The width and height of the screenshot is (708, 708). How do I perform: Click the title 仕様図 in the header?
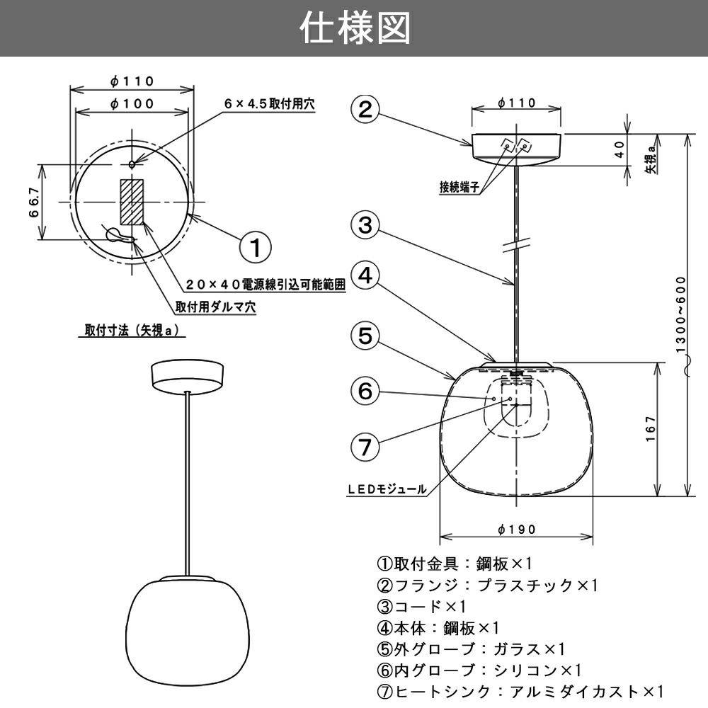pyautogui.click(x=354, y=29)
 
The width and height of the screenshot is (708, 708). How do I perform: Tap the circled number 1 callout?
pyautogui.click(x=255, y=247)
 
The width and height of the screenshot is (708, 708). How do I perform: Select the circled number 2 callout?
pyautogui.click(x=365, y=110)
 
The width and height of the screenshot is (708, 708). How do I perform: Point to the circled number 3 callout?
pyautogui.click(x=365, y=225)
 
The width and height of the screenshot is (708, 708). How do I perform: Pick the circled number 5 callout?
pyautogui.click(x=365, y=336)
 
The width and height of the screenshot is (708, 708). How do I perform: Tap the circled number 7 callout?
pyautogui.click(x=365, y=447)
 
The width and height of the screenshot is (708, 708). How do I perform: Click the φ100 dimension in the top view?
pyautogui.click(x=132, y=103)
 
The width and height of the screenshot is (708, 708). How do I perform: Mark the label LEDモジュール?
pyautogui.click(x=387, y=489)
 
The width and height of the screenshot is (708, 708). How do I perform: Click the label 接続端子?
pyautogui.click(x=460, y=188)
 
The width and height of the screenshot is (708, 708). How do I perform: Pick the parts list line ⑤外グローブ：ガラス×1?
pyautogui.click(x=471, y=649)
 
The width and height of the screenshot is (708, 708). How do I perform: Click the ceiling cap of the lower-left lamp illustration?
pyautogui.click(x=187, y=375)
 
